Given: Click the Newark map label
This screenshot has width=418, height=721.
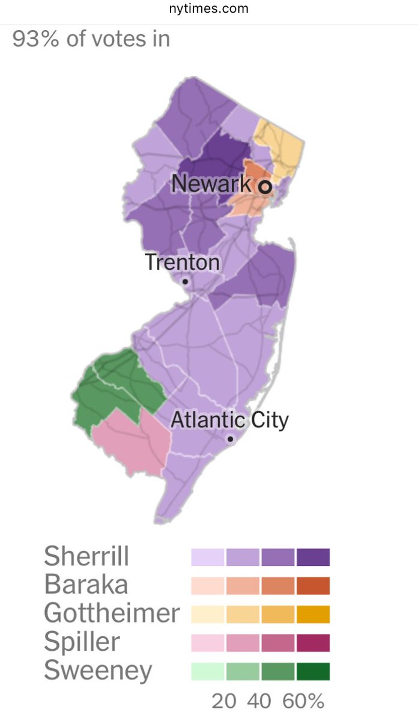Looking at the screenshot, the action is click(x=211, y=183).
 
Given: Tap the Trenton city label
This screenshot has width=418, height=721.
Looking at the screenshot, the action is click(x=182, y=263).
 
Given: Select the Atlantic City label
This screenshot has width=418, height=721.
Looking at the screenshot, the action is click(x=229, y=419).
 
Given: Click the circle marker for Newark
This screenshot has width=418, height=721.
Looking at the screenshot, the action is click(x=265, y=187).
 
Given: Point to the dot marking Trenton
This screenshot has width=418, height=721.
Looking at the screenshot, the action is click(x=186, y=281).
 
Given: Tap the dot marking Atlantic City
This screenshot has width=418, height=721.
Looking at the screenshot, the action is click(x=230, y=439).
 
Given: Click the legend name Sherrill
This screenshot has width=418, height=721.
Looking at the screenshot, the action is click(x=86, y=556).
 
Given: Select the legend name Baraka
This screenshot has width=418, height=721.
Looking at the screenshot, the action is click(x=86, y=585).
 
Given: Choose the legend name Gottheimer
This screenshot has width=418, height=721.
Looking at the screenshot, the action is click(x=112, y=613).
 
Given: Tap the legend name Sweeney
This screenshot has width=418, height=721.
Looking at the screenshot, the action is click(x=98, y=670).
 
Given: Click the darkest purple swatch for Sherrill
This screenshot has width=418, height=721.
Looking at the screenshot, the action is click(x=313, y=557).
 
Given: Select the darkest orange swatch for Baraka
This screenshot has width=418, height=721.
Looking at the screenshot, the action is click(x=313, y=585).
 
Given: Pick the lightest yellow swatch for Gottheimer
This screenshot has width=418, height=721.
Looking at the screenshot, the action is click(x=208, y=614).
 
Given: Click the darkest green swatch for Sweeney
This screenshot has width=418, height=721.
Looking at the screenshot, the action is click(x=313, y=671).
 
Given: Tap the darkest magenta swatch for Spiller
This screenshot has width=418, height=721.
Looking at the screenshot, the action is click(x=313, y=642).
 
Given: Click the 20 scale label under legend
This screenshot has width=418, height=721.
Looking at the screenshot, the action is click(x=224, y=701).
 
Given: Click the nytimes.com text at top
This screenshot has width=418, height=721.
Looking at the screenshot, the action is click(x=209, y=9).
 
